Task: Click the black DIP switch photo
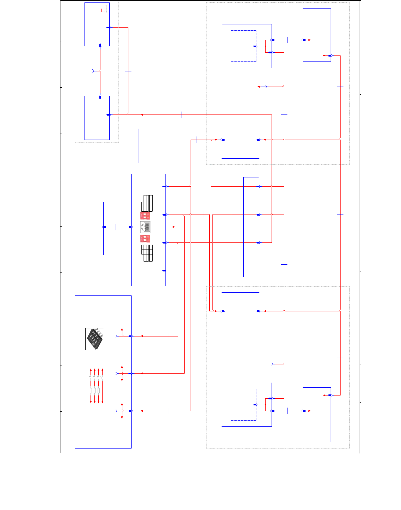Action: pyautogui.click(x=95, y=339)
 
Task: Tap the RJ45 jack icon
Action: pyautogui.click(x=145, y=227)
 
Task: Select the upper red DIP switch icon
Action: pyautogui.click(x=145, y=216)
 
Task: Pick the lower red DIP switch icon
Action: pyautogui.click(x=145, y=238)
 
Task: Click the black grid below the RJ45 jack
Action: pyautogui.click(x=147, y=253)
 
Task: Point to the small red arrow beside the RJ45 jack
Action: pyautogui.click(x=173, y=227)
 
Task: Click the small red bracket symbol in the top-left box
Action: pyautogui.click(x=104, y=10)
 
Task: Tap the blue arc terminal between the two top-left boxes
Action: pyautogui.click(x=93, y=71)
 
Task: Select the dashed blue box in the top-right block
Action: pyautogui.click(x=244, y=46)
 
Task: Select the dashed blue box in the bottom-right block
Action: pyautogui.click(x=244, y=405)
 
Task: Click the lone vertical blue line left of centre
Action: pyautogui.click(x=139, y=146)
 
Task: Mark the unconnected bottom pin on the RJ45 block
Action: pyautogui.click(x=164, y=271)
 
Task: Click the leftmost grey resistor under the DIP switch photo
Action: pyautogui.click(x=91, y=391)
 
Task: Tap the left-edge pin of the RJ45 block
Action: pyautogui.click(x=130, y=227)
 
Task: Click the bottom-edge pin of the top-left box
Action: pyautogui.click(x=100, y=45)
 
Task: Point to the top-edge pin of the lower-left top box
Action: pyautogui.click(x=100, y=97)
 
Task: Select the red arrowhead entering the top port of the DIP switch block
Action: pyautogui.click(x=141, y=336)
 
